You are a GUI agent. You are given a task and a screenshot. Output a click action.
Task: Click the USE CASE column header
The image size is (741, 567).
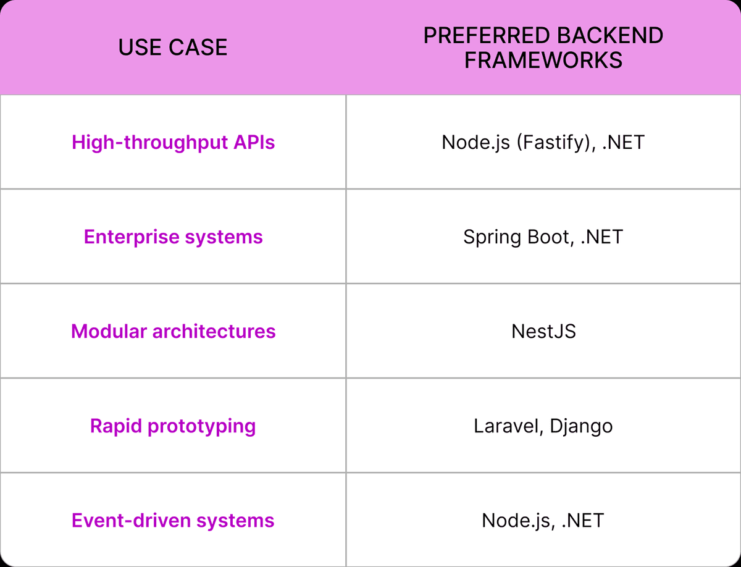point(173,48)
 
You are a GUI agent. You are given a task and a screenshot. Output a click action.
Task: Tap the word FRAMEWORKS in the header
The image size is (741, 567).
point(543,60)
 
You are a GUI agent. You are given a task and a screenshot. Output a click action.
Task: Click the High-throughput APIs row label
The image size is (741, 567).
point(173,142)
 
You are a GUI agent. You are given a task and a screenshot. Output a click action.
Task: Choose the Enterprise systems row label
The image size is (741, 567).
point(173,237)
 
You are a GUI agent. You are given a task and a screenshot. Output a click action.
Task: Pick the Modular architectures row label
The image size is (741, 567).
point(173,331)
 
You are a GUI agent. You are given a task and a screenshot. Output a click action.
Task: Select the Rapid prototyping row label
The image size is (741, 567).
point(173,426)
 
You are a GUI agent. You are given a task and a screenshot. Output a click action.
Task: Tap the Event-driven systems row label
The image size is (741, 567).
point(173,520)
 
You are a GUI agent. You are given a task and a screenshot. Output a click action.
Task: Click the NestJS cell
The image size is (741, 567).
point(543,331)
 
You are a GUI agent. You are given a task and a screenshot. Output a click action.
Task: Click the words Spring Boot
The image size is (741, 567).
point(516,237)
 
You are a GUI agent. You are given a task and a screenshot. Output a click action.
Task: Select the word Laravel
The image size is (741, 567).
point(501,426)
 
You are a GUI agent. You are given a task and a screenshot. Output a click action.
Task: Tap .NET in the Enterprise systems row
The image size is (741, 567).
point(601,237)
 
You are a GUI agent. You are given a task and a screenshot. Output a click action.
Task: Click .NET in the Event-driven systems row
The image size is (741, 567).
point(583,520)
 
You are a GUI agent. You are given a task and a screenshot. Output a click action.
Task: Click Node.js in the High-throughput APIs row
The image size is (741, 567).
point(476,142)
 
